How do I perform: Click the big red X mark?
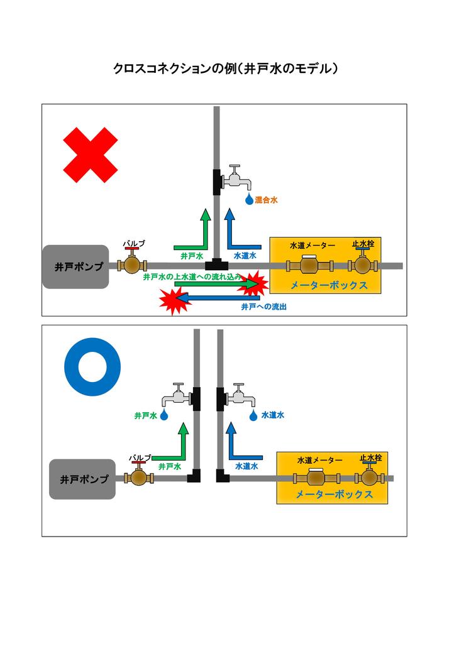coord(91,155)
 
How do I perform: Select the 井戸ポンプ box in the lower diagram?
coord(82,479)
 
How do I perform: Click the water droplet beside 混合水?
coord(250,200)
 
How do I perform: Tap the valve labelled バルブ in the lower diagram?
coord(140,476)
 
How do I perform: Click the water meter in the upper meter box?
coord(310,265)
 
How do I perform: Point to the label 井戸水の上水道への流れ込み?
coord(192,276)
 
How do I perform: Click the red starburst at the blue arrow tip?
coord(172,300)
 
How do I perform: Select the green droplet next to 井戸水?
coord(164,415)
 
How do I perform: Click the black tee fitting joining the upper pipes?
coord(216,262)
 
